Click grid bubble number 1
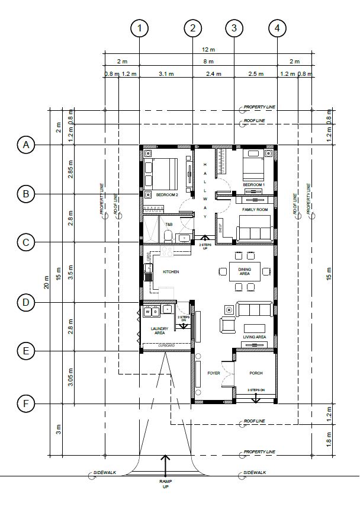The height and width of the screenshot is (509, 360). click(139, 27)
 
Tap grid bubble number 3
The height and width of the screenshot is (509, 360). click(234, 27)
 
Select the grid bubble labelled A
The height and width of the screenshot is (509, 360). click(25, 145)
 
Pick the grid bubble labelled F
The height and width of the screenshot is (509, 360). click(25, 404)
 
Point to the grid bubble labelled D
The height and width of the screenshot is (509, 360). click(25, 303)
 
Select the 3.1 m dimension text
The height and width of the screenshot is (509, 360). click(166, 74)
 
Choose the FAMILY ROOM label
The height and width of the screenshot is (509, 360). click(255, 210)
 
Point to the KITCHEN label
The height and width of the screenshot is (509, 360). click(171, 272)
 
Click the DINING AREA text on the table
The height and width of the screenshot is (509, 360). click(245, 272)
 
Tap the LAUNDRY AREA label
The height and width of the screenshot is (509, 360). click(159, 331)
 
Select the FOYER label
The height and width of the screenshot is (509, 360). click(213, 373)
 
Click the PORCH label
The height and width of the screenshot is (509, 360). click(256, 373)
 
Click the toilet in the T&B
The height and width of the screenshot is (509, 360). click(168, 237)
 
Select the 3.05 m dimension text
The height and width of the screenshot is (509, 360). click(71, 377)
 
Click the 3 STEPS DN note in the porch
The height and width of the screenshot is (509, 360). click(256, 390)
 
